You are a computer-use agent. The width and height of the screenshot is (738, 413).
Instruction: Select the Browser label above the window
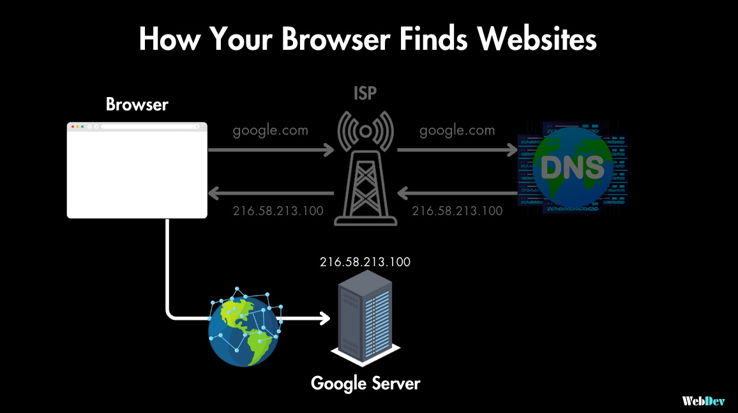pyautogui.click(x=137, y=105)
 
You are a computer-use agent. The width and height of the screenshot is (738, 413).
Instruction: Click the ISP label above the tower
pyautogui.click(x=365, y=94)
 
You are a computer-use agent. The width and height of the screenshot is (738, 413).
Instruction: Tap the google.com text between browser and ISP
pyautogui.click(x=270, y=130)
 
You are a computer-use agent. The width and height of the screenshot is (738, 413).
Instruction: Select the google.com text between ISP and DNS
pyautogui.click(x=457, y=130)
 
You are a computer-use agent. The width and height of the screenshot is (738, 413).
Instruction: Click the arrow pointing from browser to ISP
pyautogui.click(x=271, y=151)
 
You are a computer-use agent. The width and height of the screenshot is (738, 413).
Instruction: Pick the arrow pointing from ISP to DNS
pyautogui.click(x=457, y=151)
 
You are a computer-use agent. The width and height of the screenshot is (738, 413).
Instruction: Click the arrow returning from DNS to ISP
pyautogui.click(x=457, y=192)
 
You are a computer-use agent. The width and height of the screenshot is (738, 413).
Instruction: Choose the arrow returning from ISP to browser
pyautogui.click(x=271, y=192)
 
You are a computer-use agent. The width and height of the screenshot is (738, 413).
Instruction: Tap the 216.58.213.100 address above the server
pyautogui.click(x=365, y=262)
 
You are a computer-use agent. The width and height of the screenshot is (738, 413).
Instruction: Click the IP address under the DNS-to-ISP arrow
pyautogui.click(x=457, y=211)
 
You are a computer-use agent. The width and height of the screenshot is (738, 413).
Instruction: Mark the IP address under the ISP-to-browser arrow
pyautogui.click(x=278, y=211)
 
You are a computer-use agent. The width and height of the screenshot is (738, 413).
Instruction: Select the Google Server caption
pyautogui.click(x=365, y=383)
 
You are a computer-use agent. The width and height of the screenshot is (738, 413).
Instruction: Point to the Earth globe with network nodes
pyautogui.click(x=243, y=331)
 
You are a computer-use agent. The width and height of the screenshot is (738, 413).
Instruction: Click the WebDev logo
pyautogui.click(x=703, y=401)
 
